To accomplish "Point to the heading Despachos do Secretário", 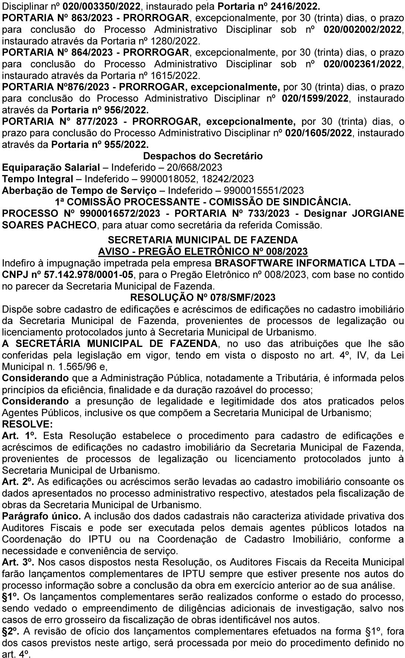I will click(203, 156).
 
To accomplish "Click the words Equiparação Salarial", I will click(51, 167).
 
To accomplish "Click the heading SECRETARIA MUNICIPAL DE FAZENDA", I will click(203, 240).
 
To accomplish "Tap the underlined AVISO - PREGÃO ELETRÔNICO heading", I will click(203, 252).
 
